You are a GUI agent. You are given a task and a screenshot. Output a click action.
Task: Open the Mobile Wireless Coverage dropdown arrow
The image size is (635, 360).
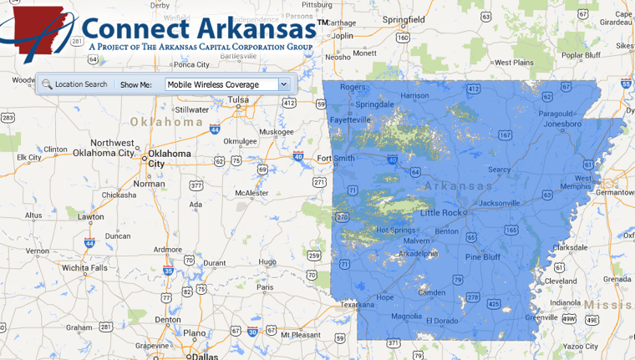pyautogui.click(x=284, y=84)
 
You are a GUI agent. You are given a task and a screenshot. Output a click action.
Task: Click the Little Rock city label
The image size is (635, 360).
pyautogui.click(x=440, y=213)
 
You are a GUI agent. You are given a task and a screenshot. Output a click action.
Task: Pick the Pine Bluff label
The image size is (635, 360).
pyautogui.click(x=482, y=256)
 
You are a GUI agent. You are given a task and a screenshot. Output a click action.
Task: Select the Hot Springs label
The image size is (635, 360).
pyautogui.click(x=394, y=230)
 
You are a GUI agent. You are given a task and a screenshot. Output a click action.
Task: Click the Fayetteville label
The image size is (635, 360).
pyautogui.click(x=349, y=119)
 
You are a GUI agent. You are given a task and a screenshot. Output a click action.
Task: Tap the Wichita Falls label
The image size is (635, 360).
pyautogui.click(x=84, y=268)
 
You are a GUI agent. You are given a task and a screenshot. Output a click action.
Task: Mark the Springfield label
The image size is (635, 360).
pyautogui.click(x=404, y=18)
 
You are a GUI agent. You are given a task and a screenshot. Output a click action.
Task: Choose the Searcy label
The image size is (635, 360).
pyautogui.click(x=499, y=170)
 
